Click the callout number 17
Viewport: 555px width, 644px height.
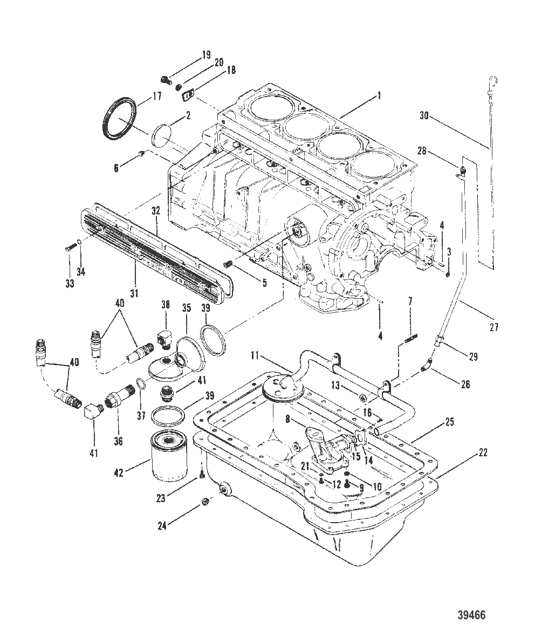(x=157, y=98)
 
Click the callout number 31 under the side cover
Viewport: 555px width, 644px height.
(x=134, y=293)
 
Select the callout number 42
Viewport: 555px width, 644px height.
(x=119, y=472)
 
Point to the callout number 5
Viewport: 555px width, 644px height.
(x=264, y=282)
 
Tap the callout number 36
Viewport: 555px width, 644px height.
(x=118, y=441)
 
